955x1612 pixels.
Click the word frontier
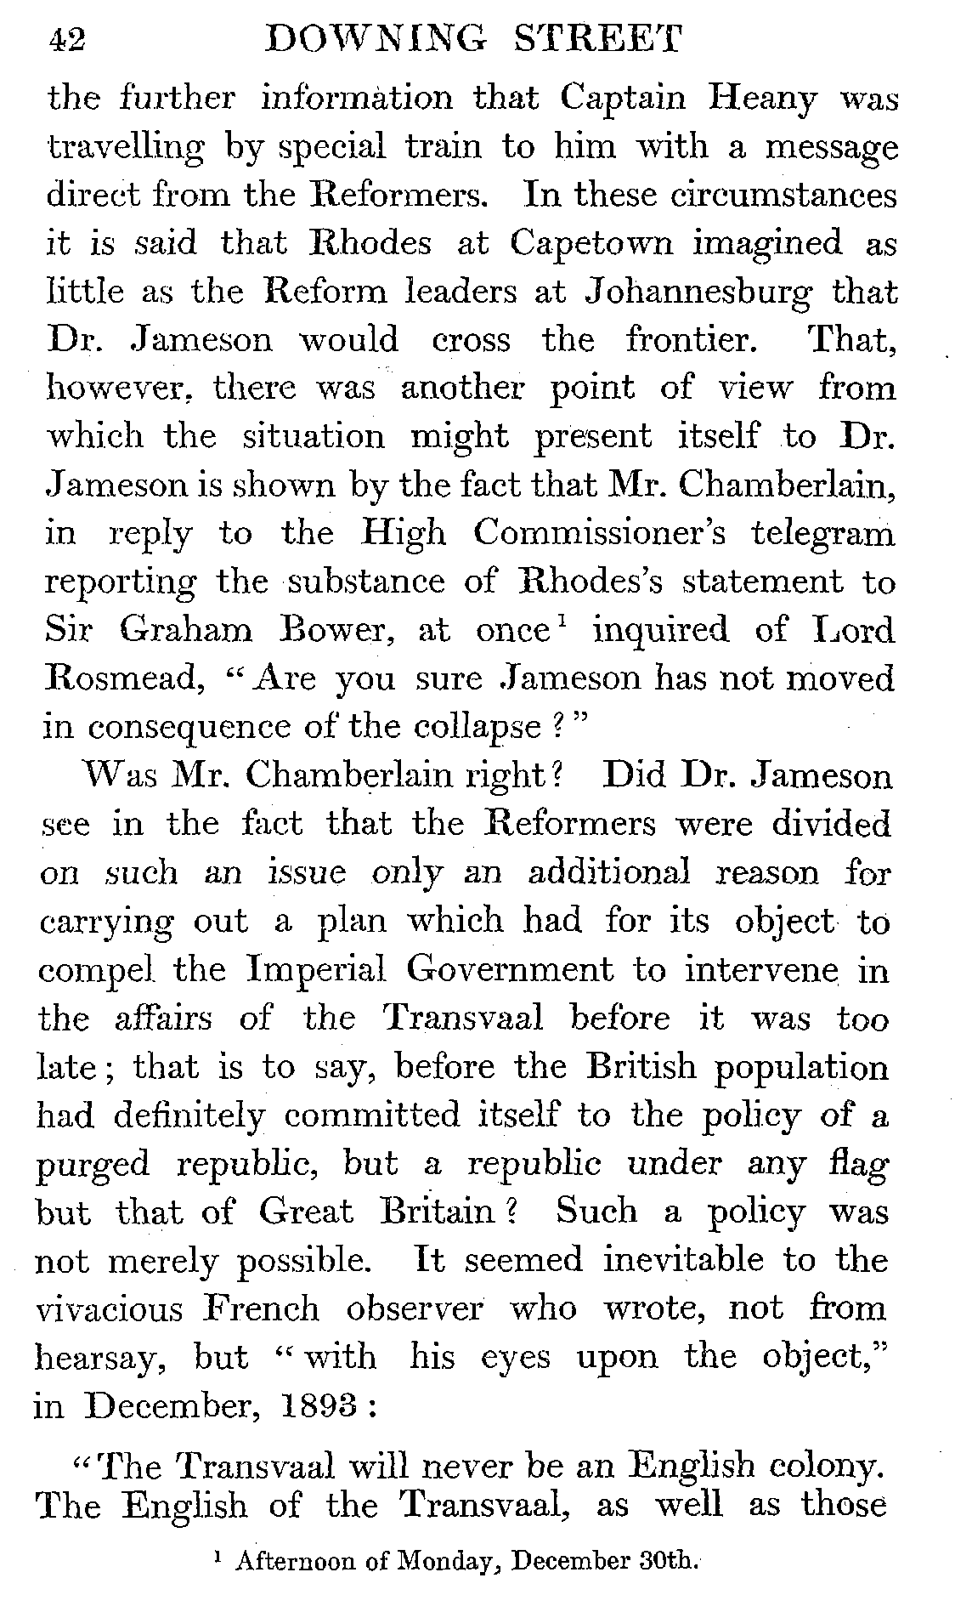(x=690, y=341)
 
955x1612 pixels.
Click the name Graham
(x=186, y=631)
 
